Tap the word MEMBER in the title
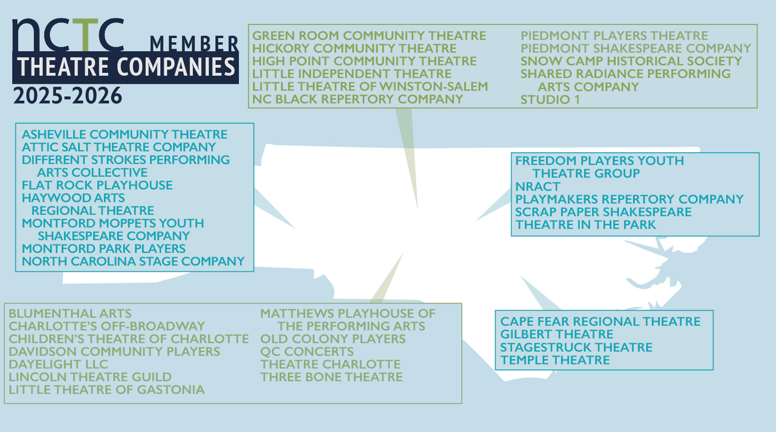pyautogui.click(x=194, y=44)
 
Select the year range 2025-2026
pyautogui.click(x=68, y=95)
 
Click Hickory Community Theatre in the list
pyautogui.click(x=355, y=48)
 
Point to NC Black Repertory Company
pyautogui.click(x=357, y=99)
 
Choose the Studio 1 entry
pyautogui.click(x=550, y=100)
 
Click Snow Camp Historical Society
pyautogui.click(x=631, y=61)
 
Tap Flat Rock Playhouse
pyautogui.click(x=97, y=185)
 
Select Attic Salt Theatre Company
pyautogui.click(x=119, y=147)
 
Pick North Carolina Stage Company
pyautogui.click(x=134, y=261)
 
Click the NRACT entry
pyautogui.click(x=538, y=187)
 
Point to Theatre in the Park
pyautogui.click(x=586, y=225)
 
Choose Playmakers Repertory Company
pyautogui.click(x=629, y=199)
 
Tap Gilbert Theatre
pyautogui.click(x=557, y=334)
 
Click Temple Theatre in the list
pyautogui.click(x=555, y=361)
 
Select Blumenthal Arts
pyautogui.click(x=70, y=314)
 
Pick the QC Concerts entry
pyautogui.click(x=307, y=352)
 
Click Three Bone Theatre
pyautogui.click(x=332, y=377)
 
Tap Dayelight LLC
pyautogui.click(x=58, y=364)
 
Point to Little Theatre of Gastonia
pyautogui.click(x=107, y=390)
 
